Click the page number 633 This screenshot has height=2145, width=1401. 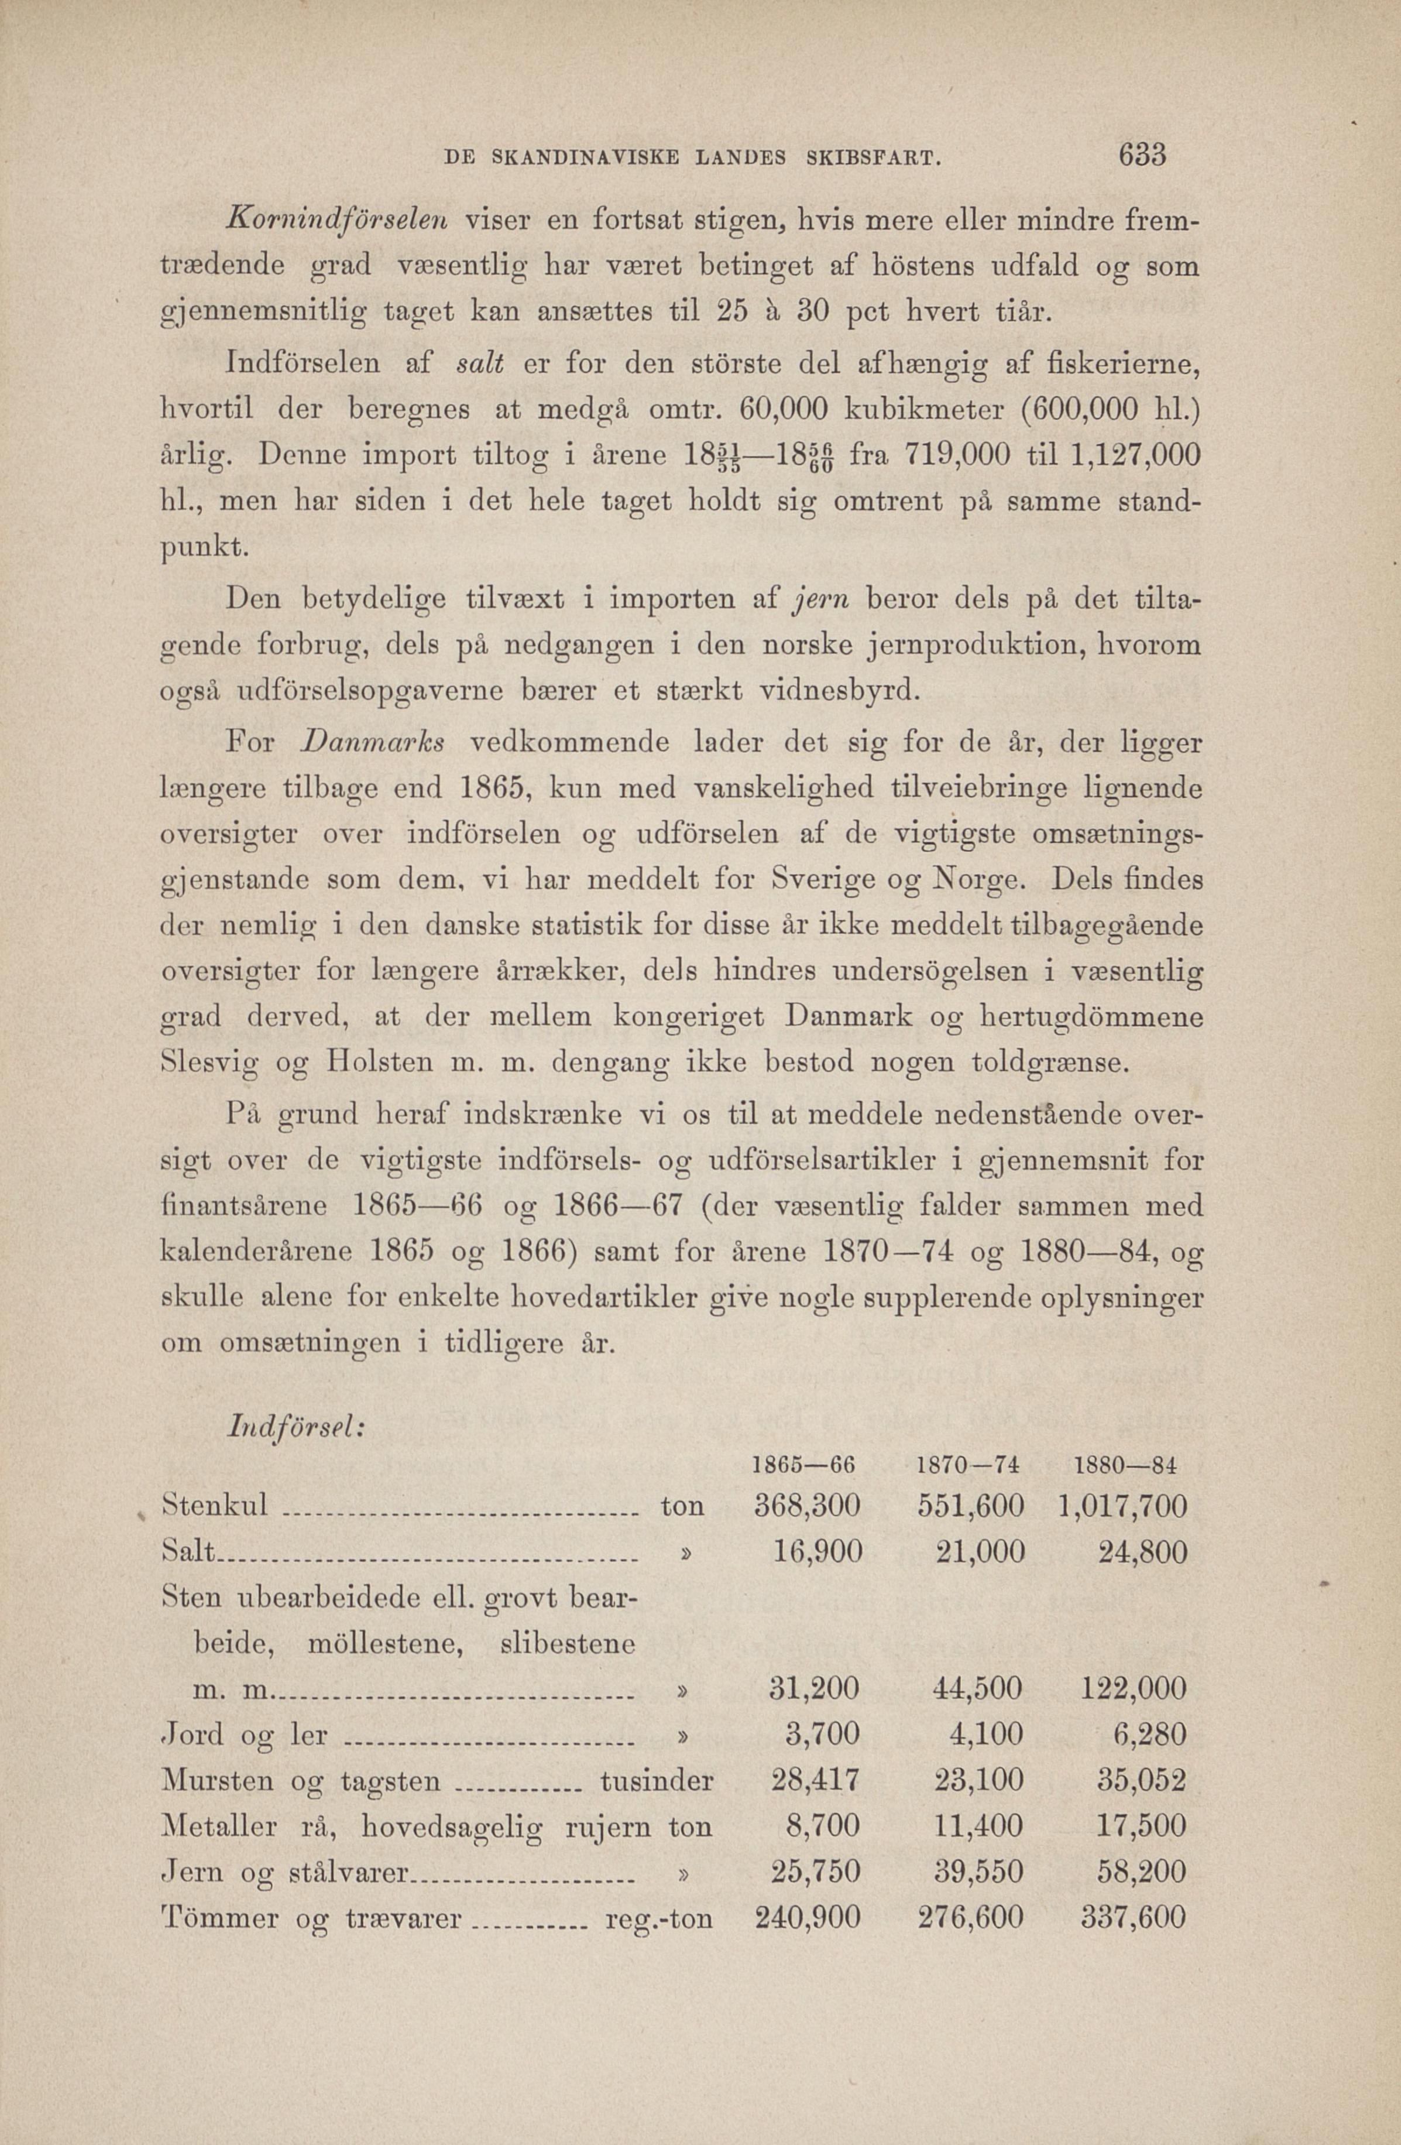click(1142, 155)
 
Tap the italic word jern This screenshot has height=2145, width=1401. click(819, 599)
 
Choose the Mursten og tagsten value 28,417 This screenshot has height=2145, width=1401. click(816, 1780)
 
